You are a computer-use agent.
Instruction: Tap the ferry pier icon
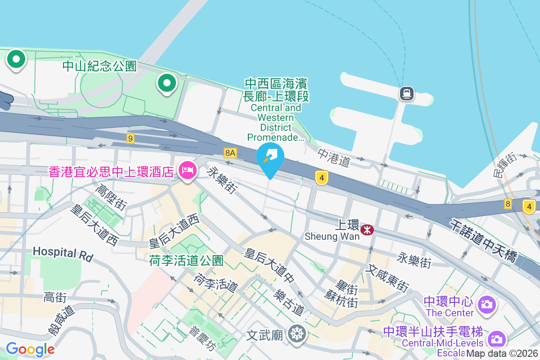pyautogui.click(x=406, y=94)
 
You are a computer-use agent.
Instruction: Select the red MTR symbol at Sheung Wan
pyautogui.click(x=367, y=230)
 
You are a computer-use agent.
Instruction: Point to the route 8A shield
pyautogui.click(x=230, y=153)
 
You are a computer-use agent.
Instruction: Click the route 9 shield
pyautogui.click(x=130, y=139)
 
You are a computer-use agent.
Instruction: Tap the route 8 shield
pyautogui.click(x=508, y=204)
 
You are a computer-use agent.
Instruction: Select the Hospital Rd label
pyautogui.click(x=63, y=254)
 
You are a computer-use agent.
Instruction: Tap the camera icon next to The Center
pyautogui.click(x=486, y=305)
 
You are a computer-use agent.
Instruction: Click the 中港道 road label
pyautogui.click(x=333, y=157)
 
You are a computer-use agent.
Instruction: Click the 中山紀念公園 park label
pyautogui.click(x=99, y=67)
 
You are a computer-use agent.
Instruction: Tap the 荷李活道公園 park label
pyautogui.click(x=186, y=261)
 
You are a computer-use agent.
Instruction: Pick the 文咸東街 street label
pyautogui.click(x=387, y=278)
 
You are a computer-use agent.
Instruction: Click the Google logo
pyautogui.click(x=30, y=349)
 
